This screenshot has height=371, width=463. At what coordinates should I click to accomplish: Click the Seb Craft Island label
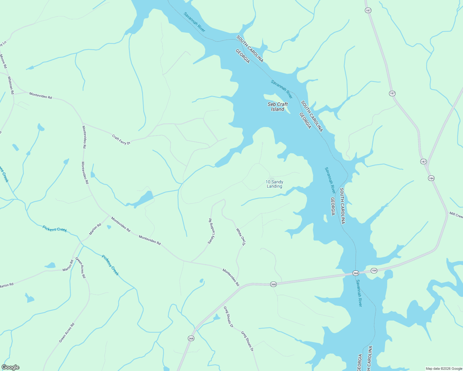click(278, 107)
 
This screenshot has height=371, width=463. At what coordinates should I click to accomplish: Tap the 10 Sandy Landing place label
click(275, 184)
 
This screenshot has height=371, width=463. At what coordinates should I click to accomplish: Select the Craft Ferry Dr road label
click(121, 139)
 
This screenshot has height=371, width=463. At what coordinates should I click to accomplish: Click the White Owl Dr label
click(241, 237)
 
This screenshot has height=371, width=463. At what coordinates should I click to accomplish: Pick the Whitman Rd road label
click(11, 85)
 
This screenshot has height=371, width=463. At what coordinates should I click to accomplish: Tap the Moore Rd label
click(3, 61)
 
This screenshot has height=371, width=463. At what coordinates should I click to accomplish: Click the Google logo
click(10, 367)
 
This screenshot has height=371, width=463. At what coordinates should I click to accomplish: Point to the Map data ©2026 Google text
click(444, 369)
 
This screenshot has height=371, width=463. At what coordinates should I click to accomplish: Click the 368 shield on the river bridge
click(356, 273)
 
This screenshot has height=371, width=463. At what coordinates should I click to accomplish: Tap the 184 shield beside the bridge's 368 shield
click(374, 271)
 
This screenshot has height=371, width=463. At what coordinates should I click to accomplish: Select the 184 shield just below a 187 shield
click(431, 178)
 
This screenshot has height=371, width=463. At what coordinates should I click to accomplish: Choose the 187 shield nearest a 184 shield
click(423, 161)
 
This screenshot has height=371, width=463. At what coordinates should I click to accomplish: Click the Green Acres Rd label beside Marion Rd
click(80, 267)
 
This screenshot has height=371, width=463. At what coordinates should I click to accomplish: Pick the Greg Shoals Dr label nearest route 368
click(228, 317)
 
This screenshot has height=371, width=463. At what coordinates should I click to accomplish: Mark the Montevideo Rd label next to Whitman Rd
click(41, 95)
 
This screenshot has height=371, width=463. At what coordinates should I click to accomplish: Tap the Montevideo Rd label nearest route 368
click(231, 277)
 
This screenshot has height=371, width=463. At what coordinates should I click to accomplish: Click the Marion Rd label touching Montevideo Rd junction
click(95, 229)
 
